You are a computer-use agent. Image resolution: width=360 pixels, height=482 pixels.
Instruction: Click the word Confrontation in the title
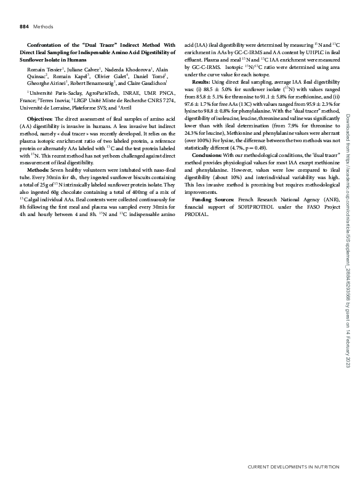pos(50,45)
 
